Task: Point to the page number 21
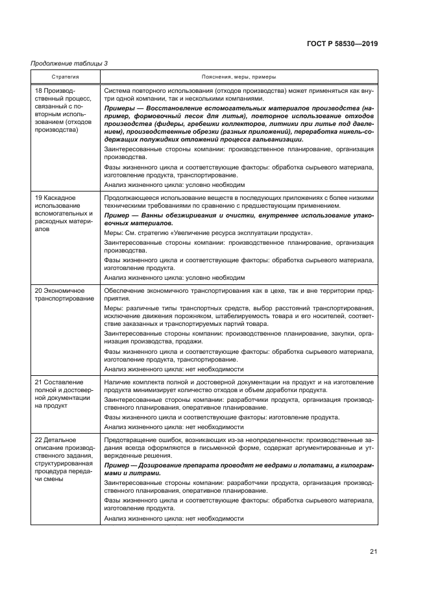(373, 552)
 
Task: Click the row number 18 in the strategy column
(38, 91)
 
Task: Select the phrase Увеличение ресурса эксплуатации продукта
(238, 232)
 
